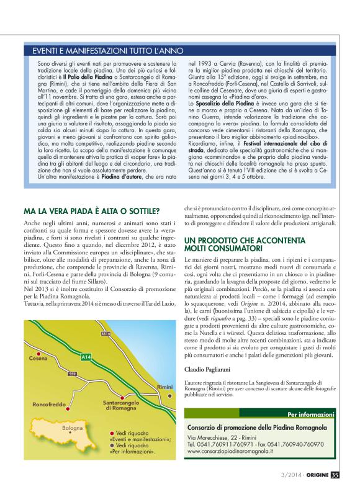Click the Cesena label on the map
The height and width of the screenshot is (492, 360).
pos(38,358)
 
